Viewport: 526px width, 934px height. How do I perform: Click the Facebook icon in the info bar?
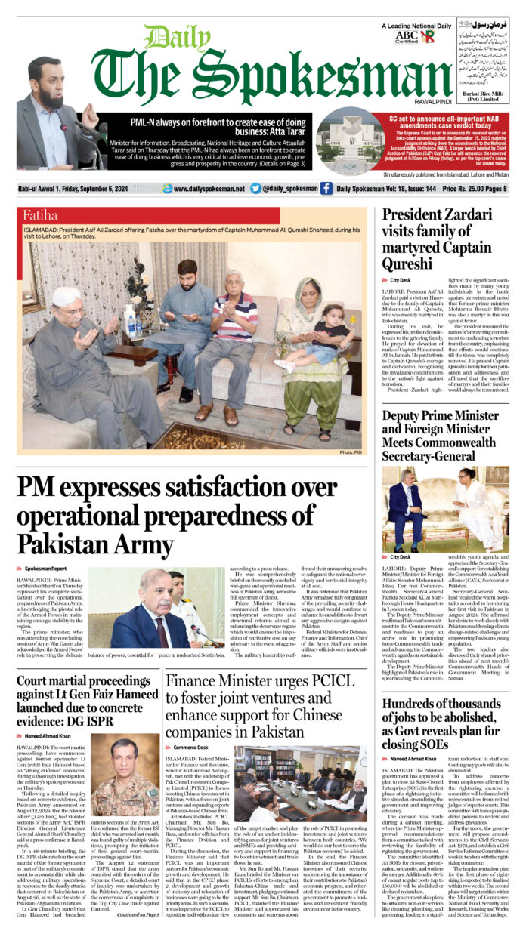326,188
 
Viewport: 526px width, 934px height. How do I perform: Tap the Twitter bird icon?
255,188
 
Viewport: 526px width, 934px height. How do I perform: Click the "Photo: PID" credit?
352,452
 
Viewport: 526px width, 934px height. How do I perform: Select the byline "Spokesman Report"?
45,568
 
